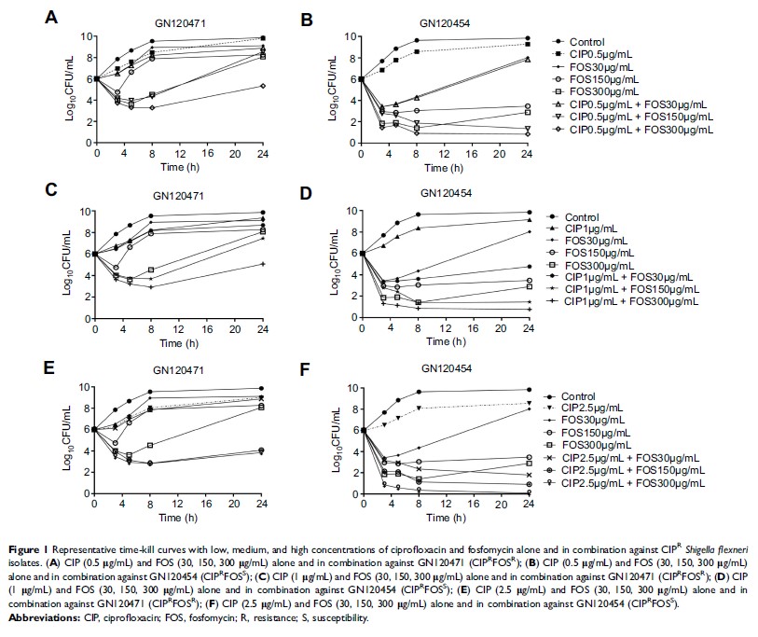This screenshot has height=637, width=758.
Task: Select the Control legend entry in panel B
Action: (x=597, y=41)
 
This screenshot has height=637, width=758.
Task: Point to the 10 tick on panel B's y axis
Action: (x=348, y=37)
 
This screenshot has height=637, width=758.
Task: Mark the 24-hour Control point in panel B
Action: (x=529, y=38)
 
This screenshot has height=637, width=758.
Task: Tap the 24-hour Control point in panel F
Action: (x=529, y=389)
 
